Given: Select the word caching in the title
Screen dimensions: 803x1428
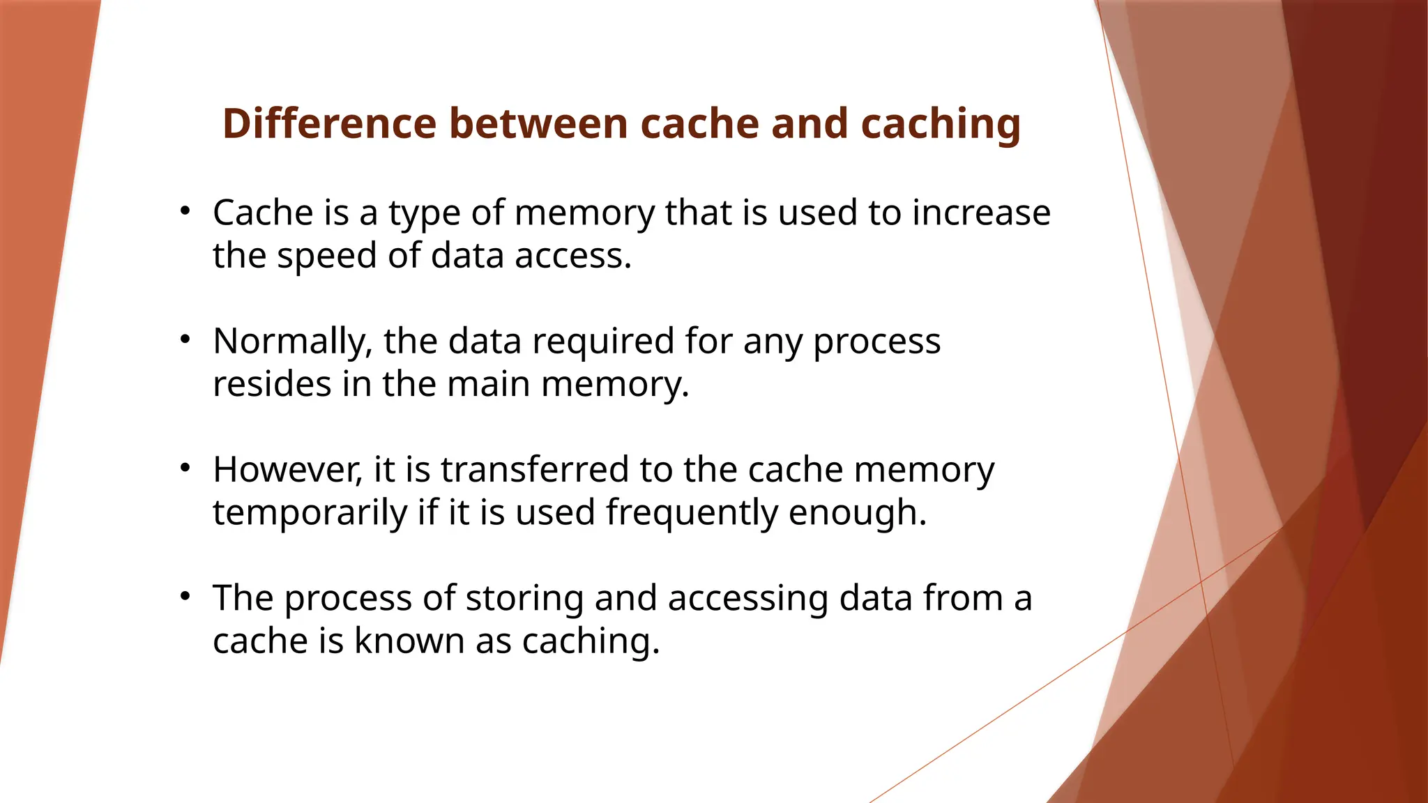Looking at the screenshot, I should coord(941,124).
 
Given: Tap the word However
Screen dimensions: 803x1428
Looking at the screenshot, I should coord(288,469).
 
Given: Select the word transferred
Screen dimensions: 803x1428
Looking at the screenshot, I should coord(535,469).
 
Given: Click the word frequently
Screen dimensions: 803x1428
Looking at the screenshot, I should coord(692,512).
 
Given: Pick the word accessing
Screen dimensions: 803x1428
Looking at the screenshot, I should coord(748,598).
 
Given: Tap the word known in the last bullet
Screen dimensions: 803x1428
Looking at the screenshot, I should coord(409,641).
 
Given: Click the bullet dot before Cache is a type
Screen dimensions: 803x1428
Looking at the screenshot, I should coord(185,211).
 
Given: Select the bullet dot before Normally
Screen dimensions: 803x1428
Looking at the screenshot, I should coord(185,339).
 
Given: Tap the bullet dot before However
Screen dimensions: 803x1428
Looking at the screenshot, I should coord(185,468).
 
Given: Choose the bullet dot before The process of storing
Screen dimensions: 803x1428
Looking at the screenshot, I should coord(185,596).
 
